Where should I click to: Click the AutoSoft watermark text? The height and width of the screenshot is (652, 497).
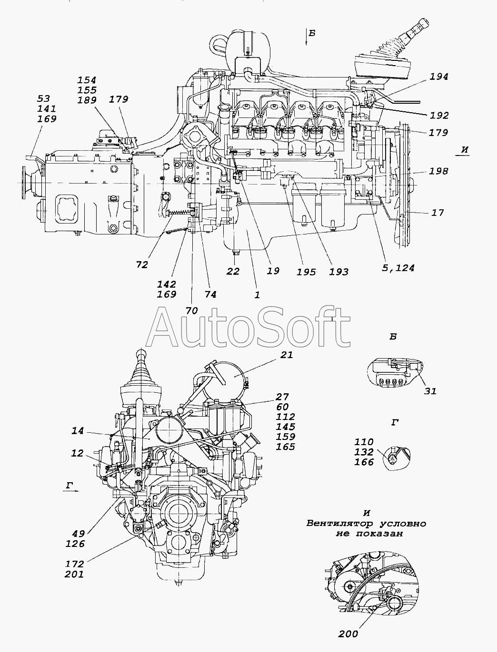point(249,327)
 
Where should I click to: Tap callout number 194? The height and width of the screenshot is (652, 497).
point(438,77)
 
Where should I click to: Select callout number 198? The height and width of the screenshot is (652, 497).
point(438,171)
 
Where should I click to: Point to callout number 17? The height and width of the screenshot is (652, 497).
point(437,213)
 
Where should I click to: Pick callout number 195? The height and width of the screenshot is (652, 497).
point(306,272)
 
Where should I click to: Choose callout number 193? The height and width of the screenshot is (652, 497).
point(338,272)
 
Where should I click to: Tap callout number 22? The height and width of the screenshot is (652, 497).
point(233,271)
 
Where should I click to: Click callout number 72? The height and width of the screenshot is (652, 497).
point(141,265)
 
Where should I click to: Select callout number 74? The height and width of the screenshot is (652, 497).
point(210,294)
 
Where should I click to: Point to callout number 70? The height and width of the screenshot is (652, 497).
point(191,311)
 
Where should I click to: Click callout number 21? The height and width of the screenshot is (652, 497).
point(287,355)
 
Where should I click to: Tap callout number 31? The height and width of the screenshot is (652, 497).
point(430,391)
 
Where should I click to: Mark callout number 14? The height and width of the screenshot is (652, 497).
point(78,431)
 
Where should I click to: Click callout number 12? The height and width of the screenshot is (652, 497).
point(77,454)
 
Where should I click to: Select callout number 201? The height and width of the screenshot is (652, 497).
point(75,574)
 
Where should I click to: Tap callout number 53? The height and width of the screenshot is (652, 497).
point(43,98)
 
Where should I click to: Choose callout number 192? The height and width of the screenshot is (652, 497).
point(438,115)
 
